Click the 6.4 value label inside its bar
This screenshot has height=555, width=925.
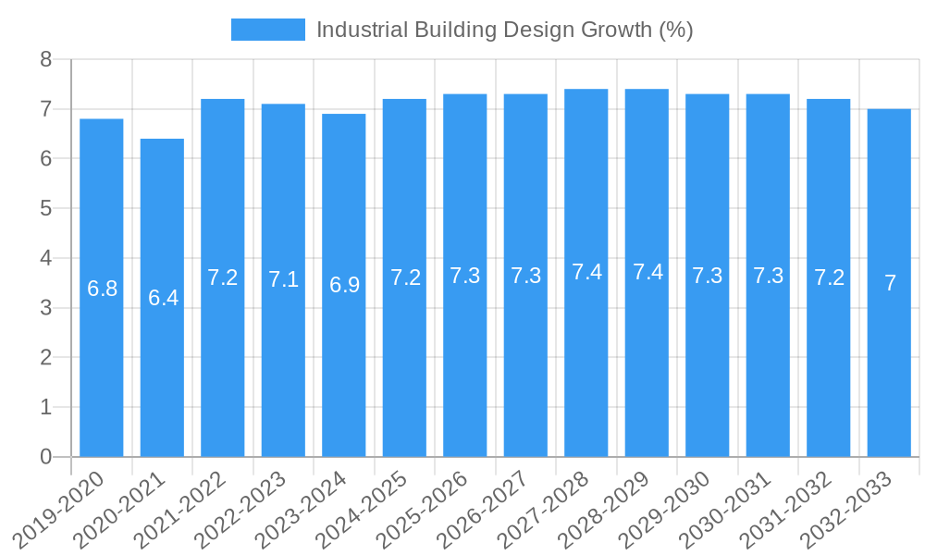coord(163,298)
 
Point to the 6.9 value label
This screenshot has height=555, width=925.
coord(344,285)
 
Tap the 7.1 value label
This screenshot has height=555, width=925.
coord(283,279)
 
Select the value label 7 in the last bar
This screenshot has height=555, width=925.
coord(890,283)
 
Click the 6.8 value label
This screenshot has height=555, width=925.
coord(102,289)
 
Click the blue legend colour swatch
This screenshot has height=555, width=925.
coord(267,30)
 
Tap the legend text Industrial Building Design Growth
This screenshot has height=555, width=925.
coord(504,30)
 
